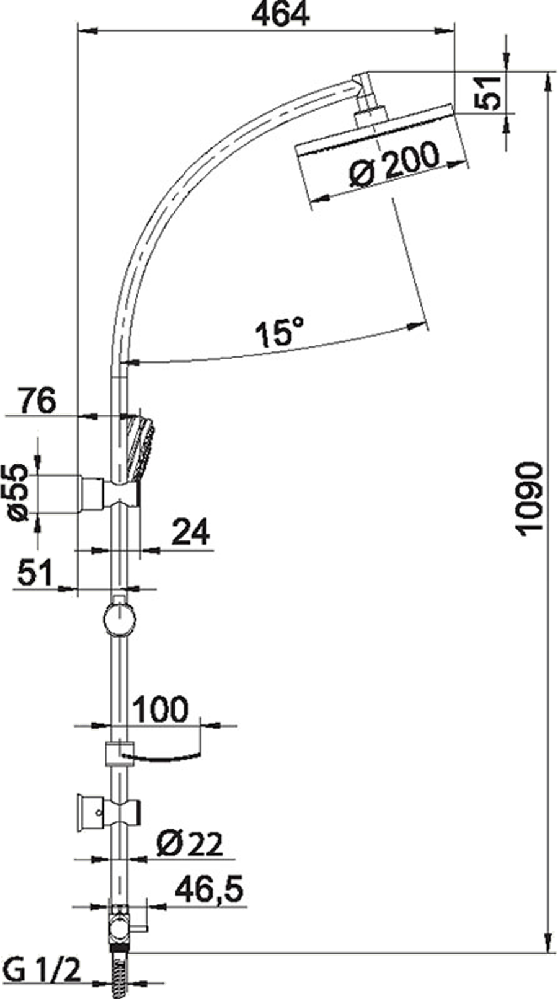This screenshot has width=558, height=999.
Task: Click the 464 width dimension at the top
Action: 280,14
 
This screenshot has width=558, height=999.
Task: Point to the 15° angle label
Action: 280,332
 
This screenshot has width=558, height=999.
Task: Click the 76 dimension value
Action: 37,401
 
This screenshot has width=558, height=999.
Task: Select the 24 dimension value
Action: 190,532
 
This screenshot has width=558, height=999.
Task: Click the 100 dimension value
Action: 161,709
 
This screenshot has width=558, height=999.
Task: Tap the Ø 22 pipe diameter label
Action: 190,844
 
